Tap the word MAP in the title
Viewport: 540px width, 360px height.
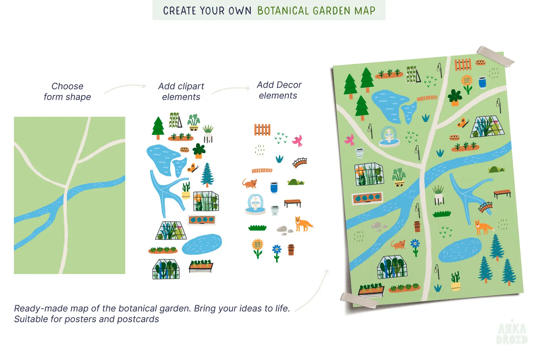[x=365, y=11]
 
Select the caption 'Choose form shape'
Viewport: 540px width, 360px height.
[x=67, y=91]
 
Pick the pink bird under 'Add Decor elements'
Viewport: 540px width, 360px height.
[x=298, y=141]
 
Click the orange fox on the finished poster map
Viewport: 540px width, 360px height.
[x=483, y=227]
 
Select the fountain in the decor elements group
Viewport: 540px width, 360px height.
[x=255, y=204]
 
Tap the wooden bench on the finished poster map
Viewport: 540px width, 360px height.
[x=502, y=193]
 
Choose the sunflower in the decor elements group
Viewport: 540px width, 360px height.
[x=257, y=248]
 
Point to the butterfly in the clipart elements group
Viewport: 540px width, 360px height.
[x=193, y=168]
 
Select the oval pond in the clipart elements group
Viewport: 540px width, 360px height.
[x=202, y=244]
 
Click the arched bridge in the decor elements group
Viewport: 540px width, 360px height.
[x=300, y=162]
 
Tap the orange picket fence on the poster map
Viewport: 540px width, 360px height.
[x=463, y=64]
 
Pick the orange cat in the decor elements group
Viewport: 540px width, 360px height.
[x=250, y=183]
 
